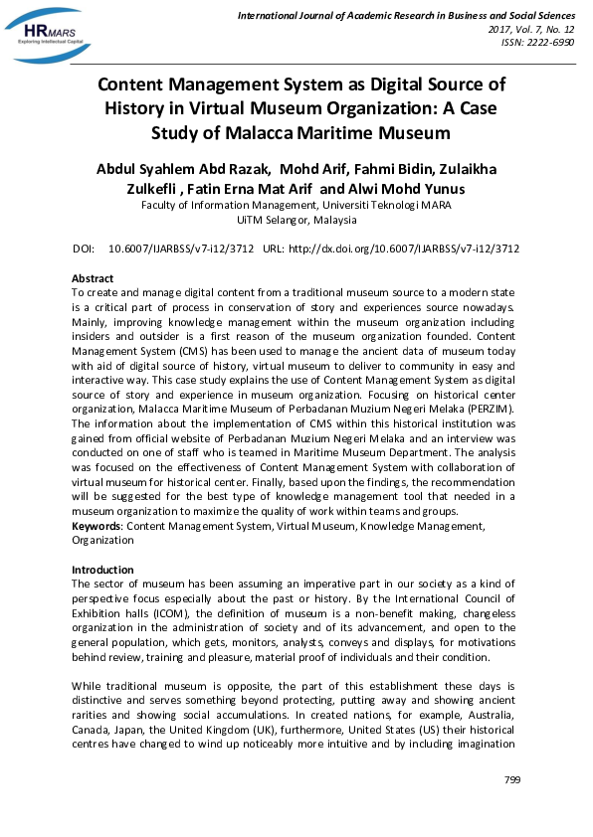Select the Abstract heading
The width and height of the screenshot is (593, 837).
(93, 278)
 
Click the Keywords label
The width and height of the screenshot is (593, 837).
(97, 525)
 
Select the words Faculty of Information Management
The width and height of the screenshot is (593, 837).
(216, 206)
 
